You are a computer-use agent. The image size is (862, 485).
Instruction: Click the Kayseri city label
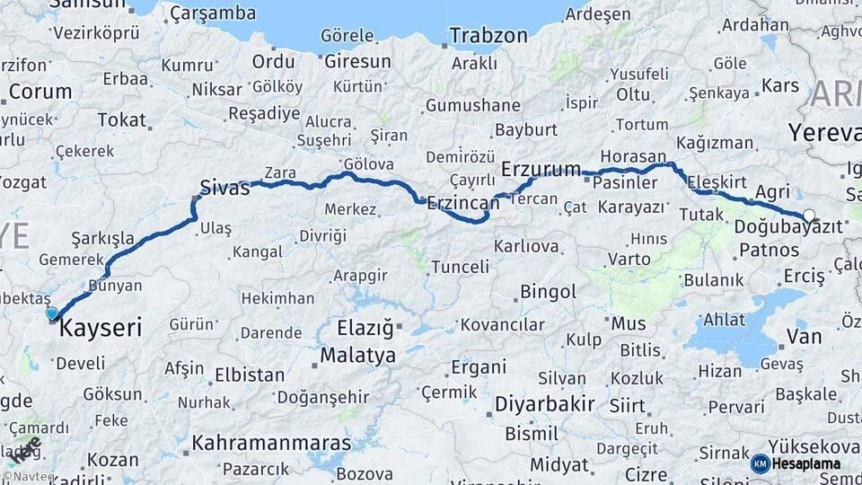(101, 330)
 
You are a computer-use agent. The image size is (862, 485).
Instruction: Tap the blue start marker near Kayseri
(52, 313)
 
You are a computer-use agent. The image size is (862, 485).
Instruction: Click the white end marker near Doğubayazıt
(810, 216)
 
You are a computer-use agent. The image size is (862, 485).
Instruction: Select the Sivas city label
(222, 187)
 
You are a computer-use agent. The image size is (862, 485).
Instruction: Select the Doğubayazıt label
(788, 227)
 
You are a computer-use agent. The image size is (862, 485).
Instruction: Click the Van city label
(803, 337)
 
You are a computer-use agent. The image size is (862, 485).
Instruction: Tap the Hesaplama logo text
(805, 463)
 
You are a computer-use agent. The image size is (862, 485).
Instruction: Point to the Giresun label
(357, 62)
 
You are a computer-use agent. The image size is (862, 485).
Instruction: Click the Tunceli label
(460, 267)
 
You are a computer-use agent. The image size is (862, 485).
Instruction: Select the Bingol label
(548, 292)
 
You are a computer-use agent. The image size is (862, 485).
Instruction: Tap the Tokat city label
(121, 119)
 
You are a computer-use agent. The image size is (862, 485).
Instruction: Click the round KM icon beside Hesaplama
(760, 463)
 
